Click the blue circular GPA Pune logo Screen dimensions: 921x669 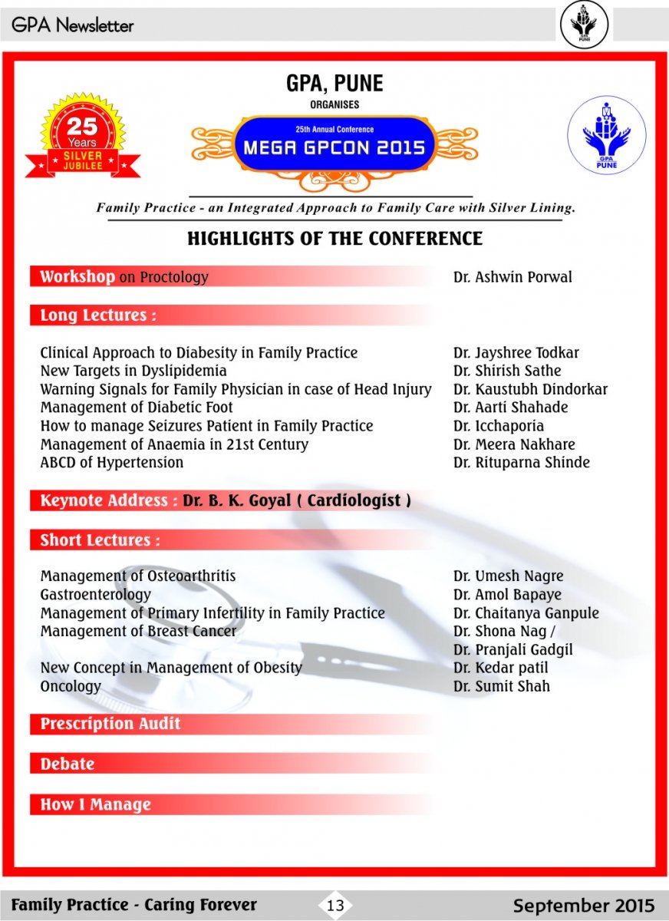pyautogui.click(x=602, y=134)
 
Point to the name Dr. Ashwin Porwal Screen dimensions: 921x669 pyautogui.click(x=512, y=277)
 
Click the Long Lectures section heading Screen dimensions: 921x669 pyautogui.click(x=98, y=315)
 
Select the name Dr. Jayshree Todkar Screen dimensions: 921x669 pyautogui.click(x=516, y=353)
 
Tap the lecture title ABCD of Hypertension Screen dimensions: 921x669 pyautogui.click(x=112, y=463)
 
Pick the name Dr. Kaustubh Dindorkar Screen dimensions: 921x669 pyautogui.click(x=530, y=389)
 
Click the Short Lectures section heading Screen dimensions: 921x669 pyautogui.click(x=101, y=540)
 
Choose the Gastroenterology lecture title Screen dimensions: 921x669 pyautogui.click(x=96, y=595)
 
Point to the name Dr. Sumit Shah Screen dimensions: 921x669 pyautogui.click(x=501, y=686)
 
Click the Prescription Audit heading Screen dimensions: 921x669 pyautogui.click(x=110, y=724)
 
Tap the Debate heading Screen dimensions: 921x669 pyautogui.click(x=68, y=764)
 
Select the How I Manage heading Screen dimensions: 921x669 pyautogui.click(x=96, y=805)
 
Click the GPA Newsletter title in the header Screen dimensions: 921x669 pyautogui.click(x=73, y=25)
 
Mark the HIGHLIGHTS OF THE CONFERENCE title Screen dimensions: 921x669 pyautogui.click(x=334, y=239)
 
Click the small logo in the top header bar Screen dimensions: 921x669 pyautogui.click(x=584, y=25)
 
